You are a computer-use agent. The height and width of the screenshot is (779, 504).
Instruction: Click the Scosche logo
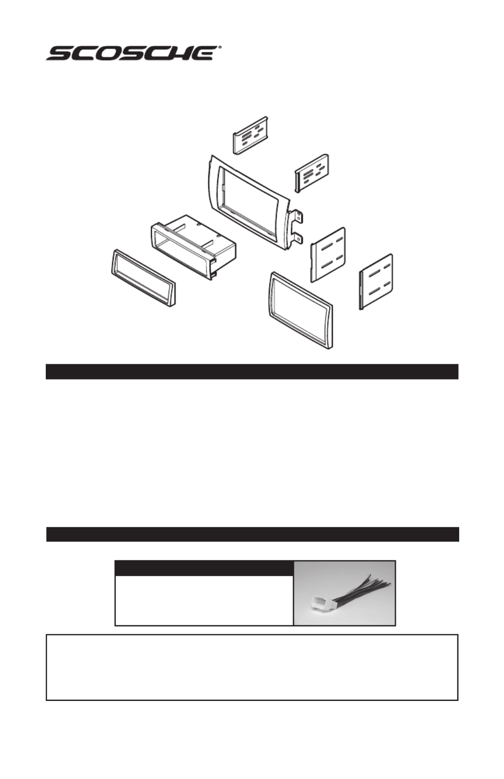133,53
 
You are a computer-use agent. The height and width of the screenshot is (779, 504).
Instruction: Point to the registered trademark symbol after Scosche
219,47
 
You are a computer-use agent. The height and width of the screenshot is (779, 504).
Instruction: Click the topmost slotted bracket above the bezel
250,135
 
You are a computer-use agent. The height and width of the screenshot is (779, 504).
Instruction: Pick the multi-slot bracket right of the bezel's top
312,173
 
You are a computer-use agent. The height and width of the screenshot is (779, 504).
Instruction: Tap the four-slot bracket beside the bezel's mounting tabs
328,254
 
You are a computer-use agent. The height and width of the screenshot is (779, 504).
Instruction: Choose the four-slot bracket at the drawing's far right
376,281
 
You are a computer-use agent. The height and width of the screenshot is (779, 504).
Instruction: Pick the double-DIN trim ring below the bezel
301,310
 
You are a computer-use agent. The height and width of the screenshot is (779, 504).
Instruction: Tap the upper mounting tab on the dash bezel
298,217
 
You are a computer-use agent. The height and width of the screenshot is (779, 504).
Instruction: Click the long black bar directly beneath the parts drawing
252,371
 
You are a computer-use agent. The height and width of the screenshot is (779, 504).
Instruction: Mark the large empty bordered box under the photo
252,667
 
